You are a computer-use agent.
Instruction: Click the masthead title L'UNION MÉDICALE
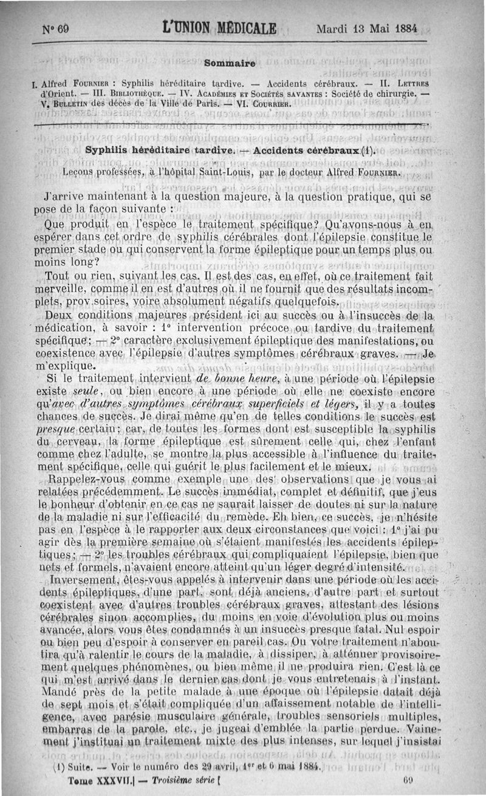(220, 29)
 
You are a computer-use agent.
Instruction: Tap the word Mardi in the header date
(333, 29)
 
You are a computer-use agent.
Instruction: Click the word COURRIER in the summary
(272, 104)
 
